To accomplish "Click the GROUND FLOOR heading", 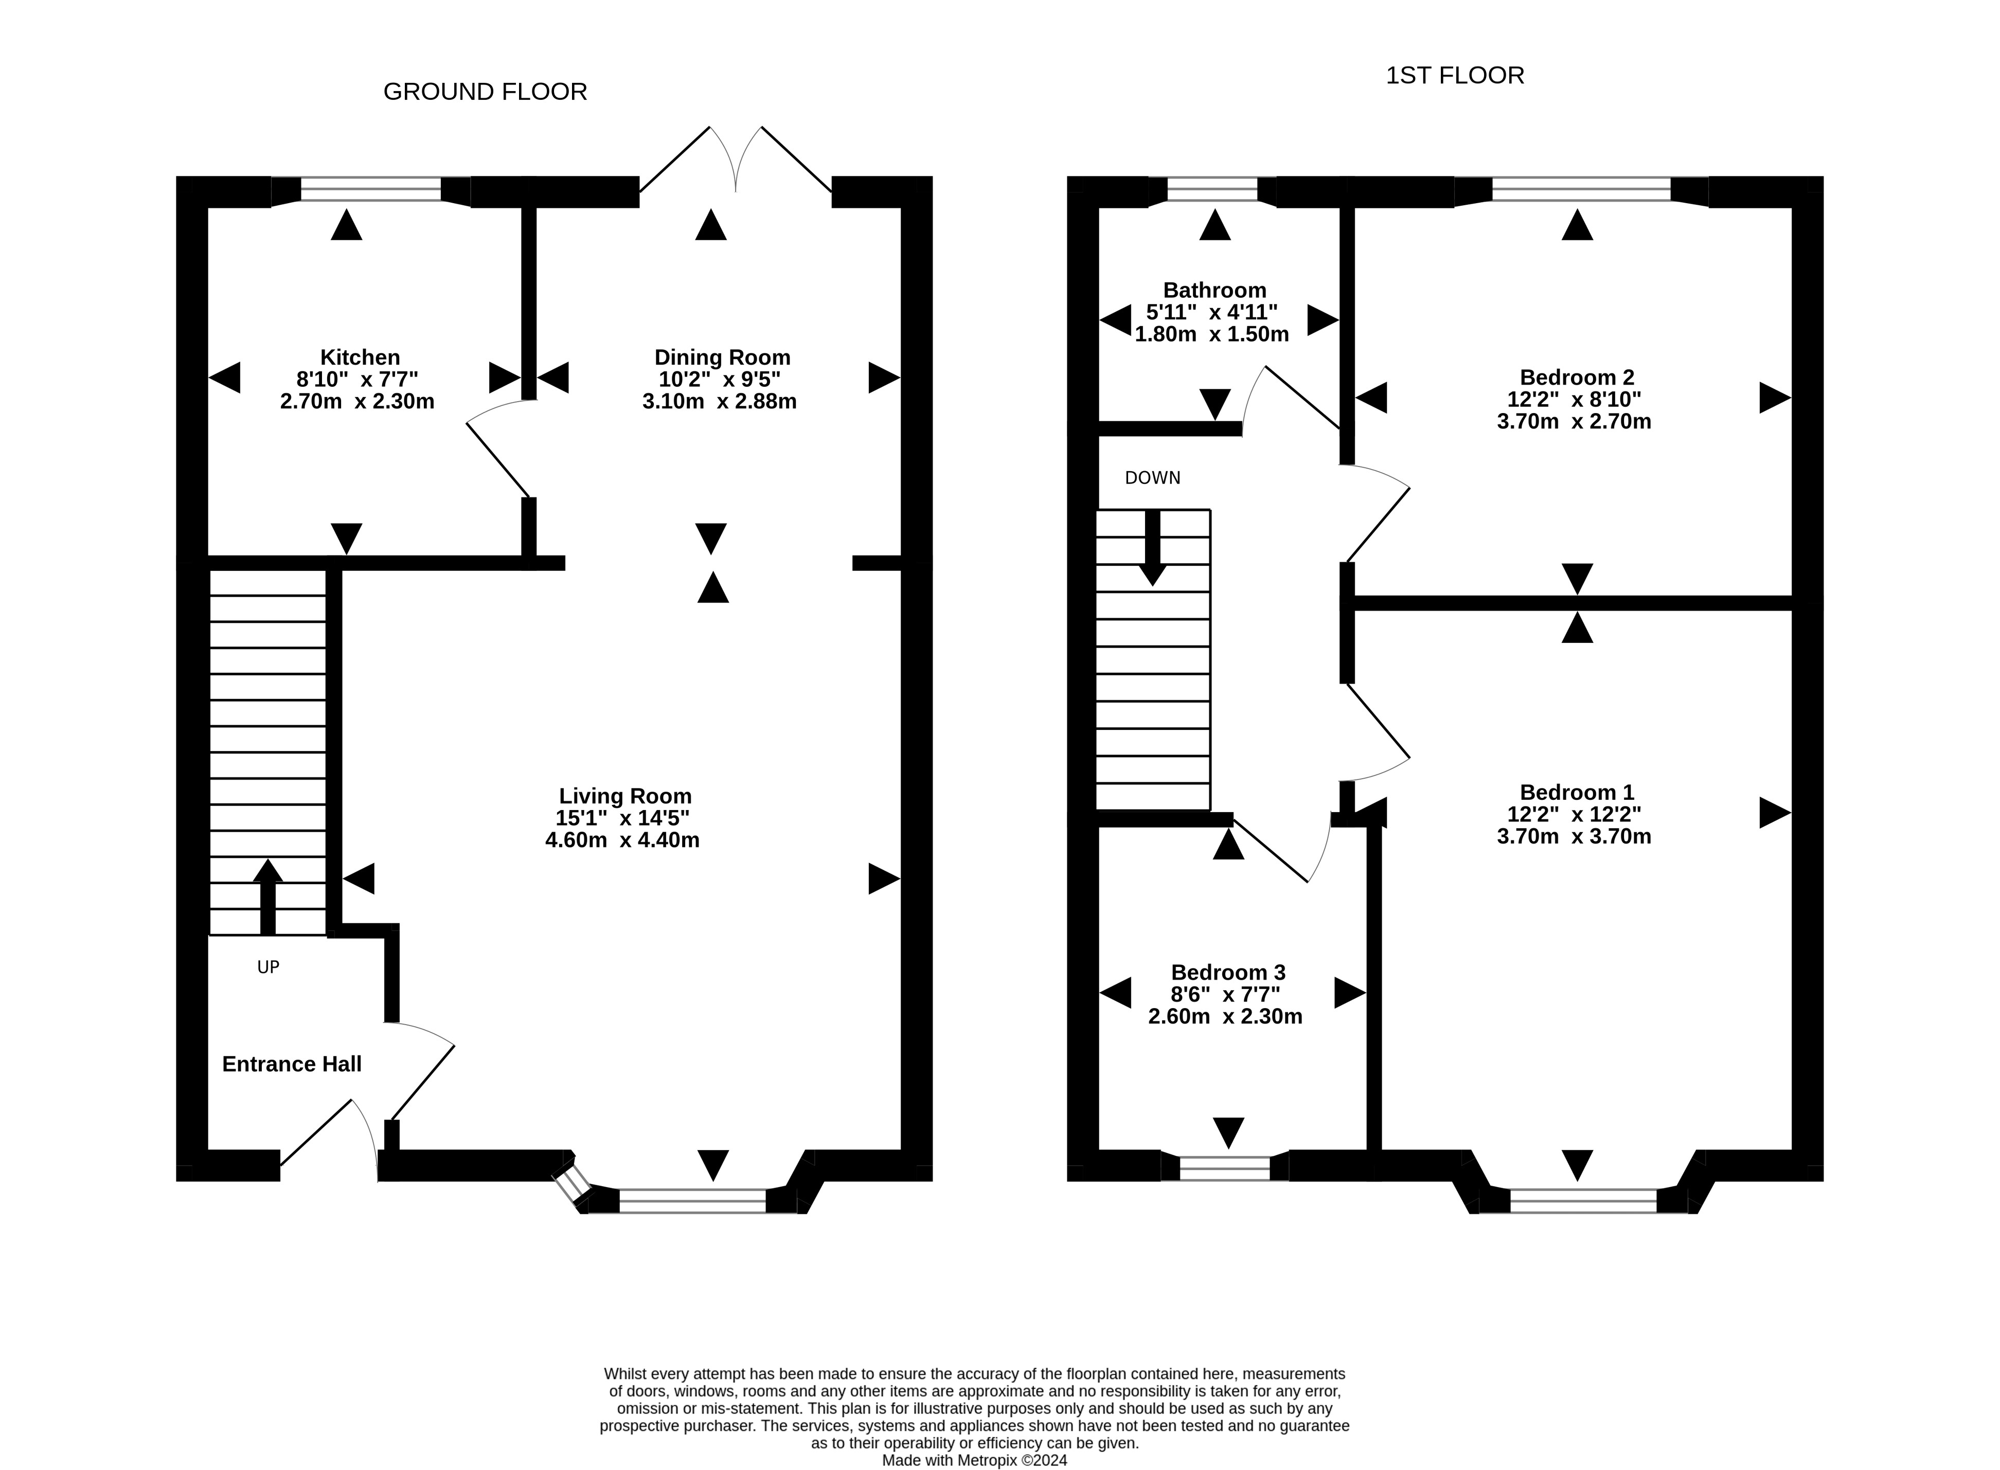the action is click(x=485, y=92).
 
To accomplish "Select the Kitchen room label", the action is click(x=360, y=357).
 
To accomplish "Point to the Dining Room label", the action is click(x=722, y=357).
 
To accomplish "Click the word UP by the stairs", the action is click(x=268, y=966).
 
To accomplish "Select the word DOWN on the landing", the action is click(x=1152, y=478).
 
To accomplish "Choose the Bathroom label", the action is click(x=1215, y=290).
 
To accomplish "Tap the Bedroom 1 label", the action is click(x=1577, y=792).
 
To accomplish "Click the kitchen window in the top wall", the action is click(x=371, y=189).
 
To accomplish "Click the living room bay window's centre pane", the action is click(x=692, y=1200).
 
